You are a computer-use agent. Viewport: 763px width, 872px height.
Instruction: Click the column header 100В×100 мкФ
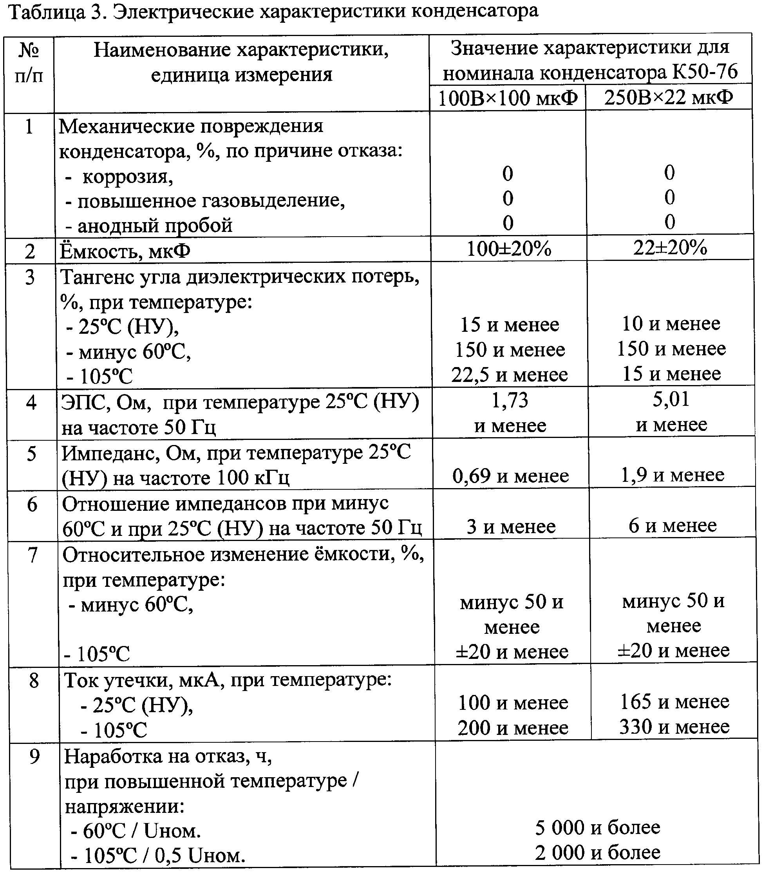507,98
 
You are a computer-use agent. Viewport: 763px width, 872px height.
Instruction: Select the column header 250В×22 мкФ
669,98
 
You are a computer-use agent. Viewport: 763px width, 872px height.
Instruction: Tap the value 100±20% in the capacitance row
509,249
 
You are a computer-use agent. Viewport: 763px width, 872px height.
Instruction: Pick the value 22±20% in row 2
670,247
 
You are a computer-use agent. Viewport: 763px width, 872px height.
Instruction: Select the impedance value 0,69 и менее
510,476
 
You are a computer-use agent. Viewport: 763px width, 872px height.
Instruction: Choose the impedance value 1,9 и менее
672,475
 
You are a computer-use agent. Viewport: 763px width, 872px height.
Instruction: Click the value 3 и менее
511,527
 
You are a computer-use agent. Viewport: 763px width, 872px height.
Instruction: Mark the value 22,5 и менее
510,374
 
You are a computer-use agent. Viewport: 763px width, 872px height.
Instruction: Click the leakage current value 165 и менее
674,701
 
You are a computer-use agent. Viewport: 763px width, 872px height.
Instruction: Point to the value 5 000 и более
597,827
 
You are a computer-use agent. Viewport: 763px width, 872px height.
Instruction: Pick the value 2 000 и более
597,852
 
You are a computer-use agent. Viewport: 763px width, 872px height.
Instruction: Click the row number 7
33,555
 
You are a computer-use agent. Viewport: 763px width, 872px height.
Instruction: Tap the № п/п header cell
29,63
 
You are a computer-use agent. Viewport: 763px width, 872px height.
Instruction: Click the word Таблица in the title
47,12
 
